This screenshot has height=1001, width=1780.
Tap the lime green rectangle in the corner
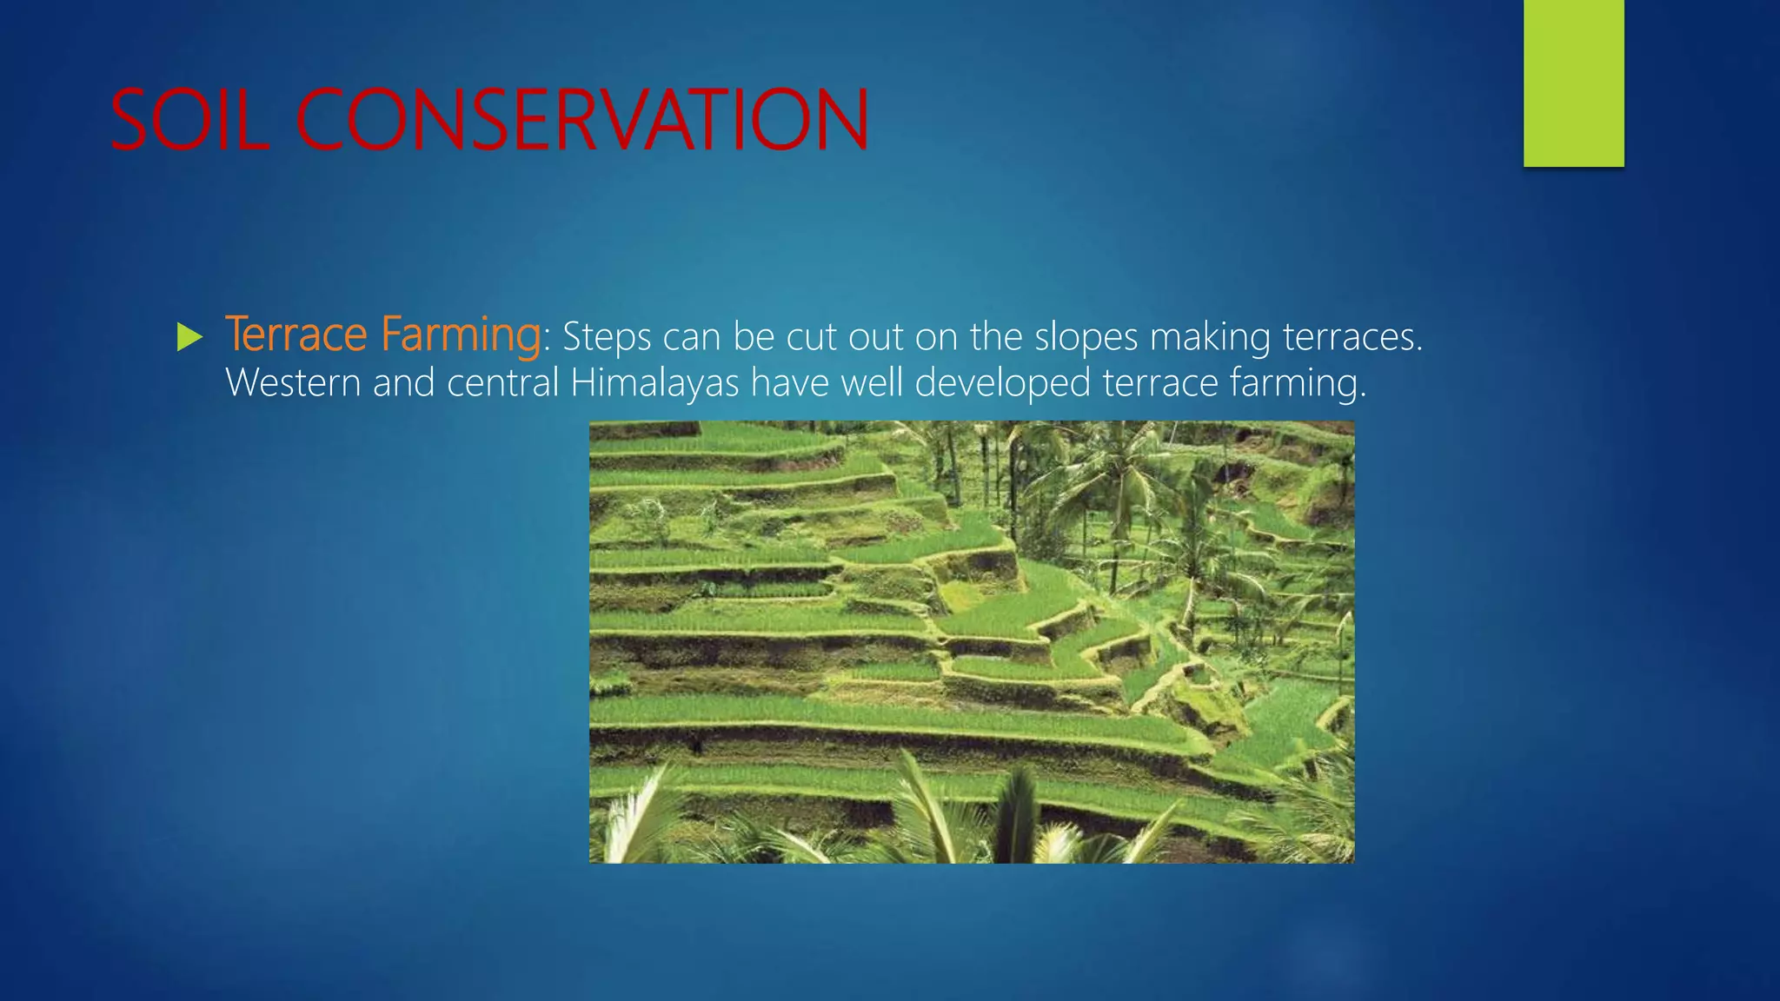(x=1573, y=83)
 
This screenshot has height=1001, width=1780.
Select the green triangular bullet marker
(x=189, y=337)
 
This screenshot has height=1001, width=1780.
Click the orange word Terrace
(x=296, y=335)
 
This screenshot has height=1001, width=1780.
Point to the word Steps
(x=606, y=337)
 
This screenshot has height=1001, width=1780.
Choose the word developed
(x=1002, y=383)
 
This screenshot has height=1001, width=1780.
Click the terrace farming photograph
(x=971, y=641)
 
